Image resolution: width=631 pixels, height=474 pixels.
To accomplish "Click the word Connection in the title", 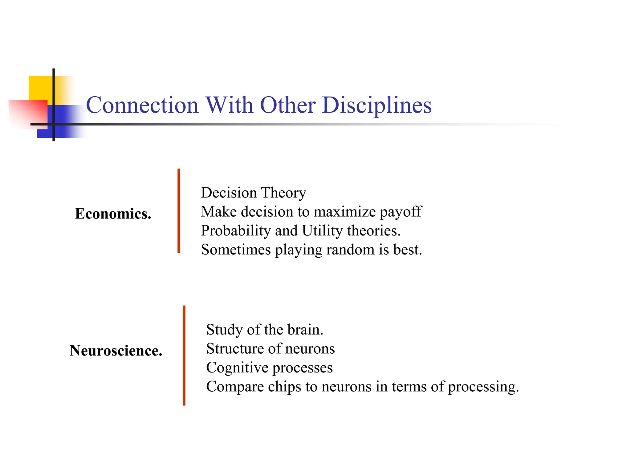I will (142, 105).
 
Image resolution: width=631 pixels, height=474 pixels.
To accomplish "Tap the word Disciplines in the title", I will (377, 105).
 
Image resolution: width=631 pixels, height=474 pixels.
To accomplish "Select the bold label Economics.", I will (113, 214).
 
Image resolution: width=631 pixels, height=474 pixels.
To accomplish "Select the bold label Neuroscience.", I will (116, 351).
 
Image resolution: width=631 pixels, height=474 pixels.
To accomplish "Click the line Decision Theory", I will (253, 193).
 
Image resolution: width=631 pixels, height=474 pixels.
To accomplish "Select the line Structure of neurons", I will (270, 349).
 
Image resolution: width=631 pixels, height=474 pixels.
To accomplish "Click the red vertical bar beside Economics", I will (179, 211).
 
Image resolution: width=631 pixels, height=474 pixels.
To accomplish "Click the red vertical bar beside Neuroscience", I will (184, 355).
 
